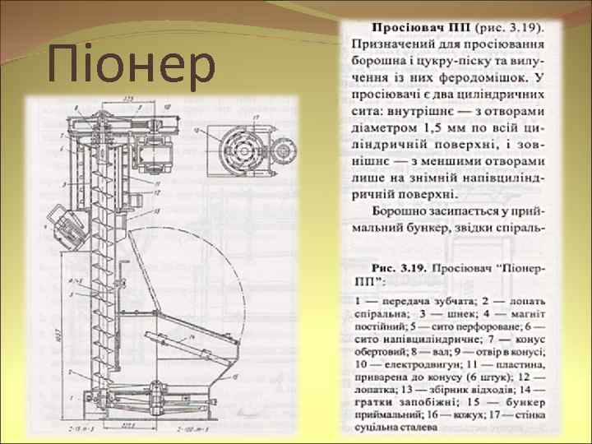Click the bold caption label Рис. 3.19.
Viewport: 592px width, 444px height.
[x=405, y=268]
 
